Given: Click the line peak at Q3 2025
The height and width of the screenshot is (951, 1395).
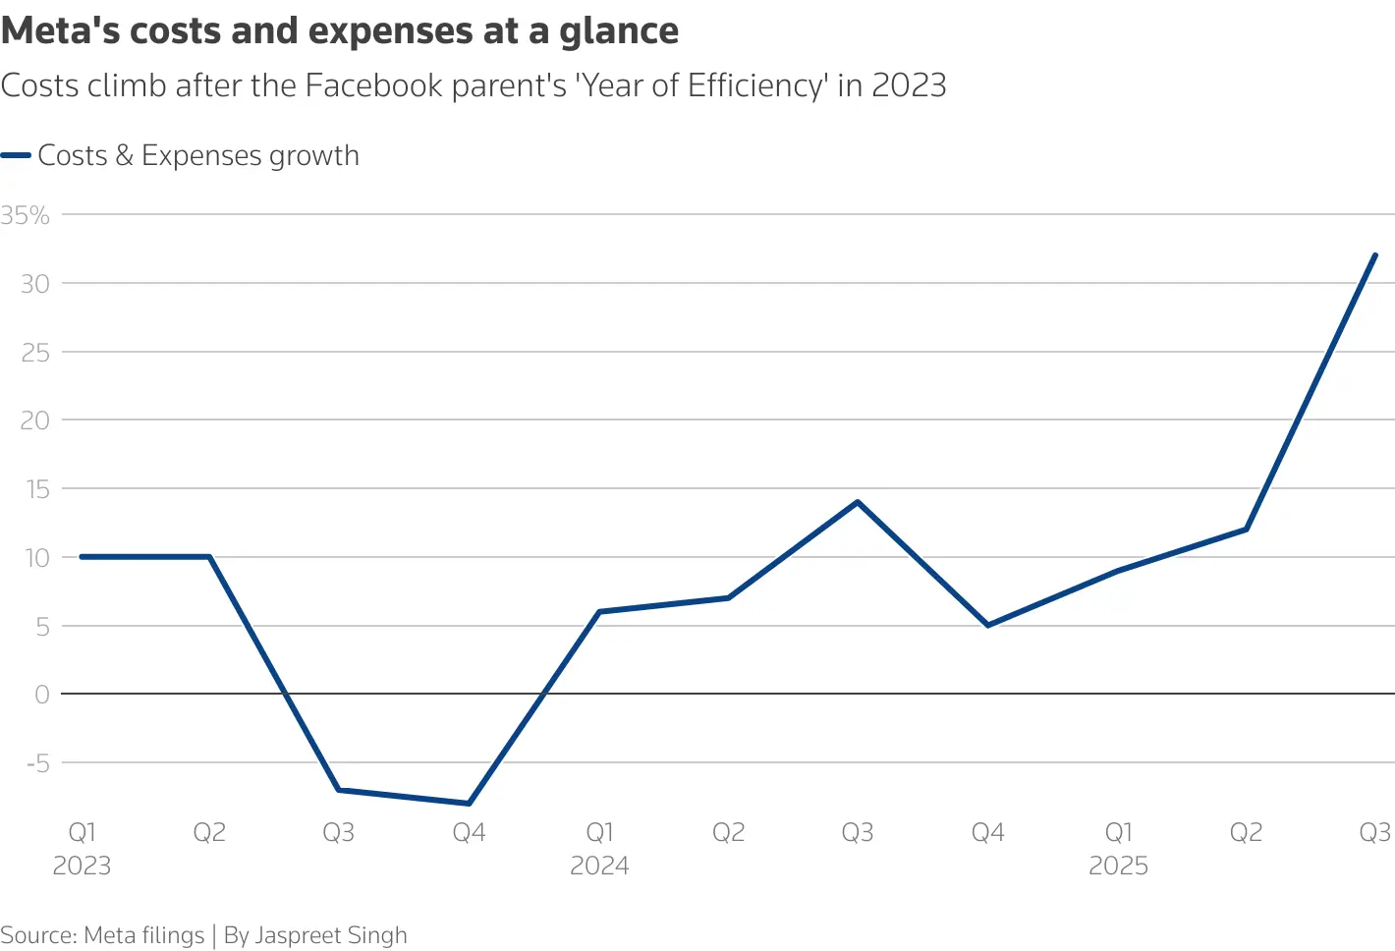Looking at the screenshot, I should click(1374, 255).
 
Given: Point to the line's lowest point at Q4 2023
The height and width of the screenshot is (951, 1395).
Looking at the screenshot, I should click(469, 804).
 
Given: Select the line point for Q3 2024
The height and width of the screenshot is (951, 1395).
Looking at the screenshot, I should click(858, 502).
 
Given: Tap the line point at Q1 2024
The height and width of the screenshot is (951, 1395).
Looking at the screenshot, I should click(599, 611).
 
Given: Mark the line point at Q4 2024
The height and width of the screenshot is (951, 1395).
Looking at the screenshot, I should click(987, 625).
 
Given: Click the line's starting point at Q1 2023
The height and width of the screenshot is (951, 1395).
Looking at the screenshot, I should click(82, 557).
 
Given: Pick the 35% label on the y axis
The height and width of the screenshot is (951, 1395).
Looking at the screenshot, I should click(26, 215).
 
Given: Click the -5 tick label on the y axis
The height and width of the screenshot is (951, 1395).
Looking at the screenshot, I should click(35, 762).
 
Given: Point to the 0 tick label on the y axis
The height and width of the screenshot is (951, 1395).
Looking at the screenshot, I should click(42, 695).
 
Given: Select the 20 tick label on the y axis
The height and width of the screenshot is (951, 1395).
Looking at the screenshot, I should click(34, 420).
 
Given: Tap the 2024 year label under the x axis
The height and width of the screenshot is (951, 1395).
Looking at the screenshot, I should click(599, 866).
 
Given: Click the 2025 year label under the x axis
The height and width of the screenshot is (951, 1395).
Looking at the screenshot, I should click(1118, 866).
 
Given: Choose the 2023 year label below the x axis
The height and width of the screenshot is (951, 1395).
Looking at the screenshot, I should click(82, 866).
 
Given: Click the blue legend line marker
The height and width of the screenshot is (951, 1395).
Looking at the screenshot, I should click(17, 155).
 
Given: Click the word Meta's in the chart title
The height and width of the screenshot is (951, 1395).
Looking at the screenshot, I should click(60, 31).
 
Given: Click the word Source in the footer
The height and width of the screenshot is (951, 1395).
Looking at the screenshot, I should click(37, 935).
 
